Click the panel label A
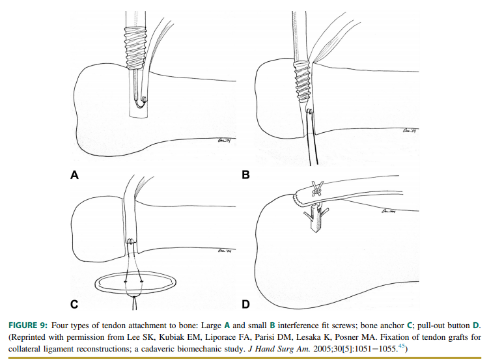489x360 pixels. point(74,174)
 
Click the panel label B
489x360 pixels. point(245,174)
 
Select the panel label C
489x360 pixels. point(74,304)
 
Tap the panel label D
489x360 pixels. point(245,304)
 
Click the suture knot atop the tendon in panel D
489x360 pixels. point(318,188)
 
